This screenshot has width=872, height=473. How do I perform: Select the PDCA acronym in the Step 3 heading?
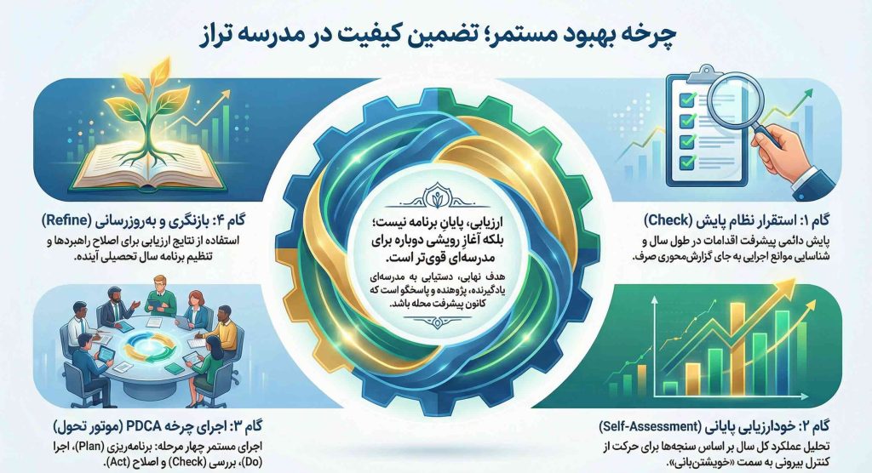148,425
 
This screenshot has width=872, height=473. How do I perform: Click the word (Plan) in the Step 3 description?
104,444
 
